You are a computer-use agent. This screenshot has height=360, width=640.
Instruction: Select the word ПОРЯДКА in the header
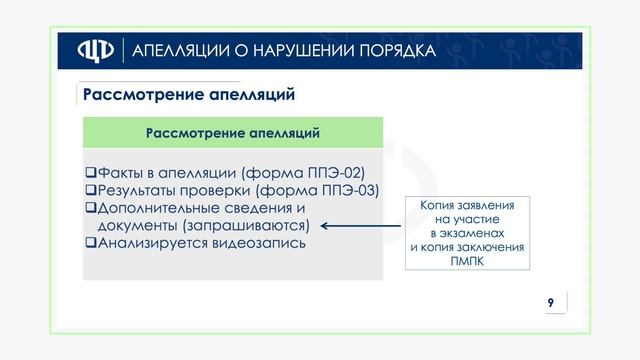tap(397, 51)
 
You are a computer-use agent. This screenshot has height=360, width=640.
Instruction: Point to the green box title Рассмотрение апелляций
tap(232, 132)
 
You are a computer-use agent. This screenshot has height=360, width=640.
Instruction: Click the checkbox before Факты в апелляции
tap(90, 172)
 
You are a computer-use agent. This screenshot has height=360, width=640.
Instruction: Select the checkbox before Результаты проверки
tap(90, 190)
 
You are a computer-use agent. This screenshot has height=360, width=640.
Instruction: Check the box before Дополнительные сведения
tap(90, 208)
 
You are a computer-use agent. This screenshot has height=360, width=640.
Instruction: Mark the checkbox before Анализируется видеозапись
tap(90, 243)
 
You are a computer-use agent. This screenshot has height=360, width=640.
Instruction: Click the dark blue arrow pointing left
tap(359, 226)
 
